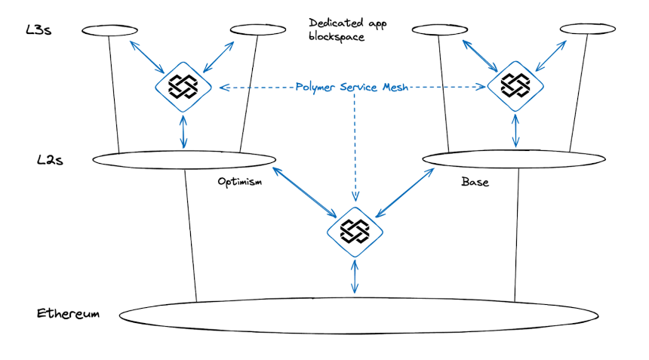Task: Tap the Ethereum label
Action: (x=68, y=313)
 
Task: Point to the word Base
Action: (x=475, y=183)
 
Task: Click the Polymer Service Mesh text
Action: (x=353, y=88)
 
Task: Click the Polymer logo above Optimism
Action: (x=183, y=88)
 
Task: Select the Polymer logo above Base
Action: (x=515, y=88)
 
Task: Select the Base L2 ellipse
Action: (x=514, y=158)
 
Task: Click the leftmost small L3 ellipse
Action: (x=109, y=30)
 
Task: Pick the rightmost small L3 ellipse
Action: (x=586, y=29)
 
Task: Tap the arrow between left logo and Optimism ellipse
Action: (x=183, y=131)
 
